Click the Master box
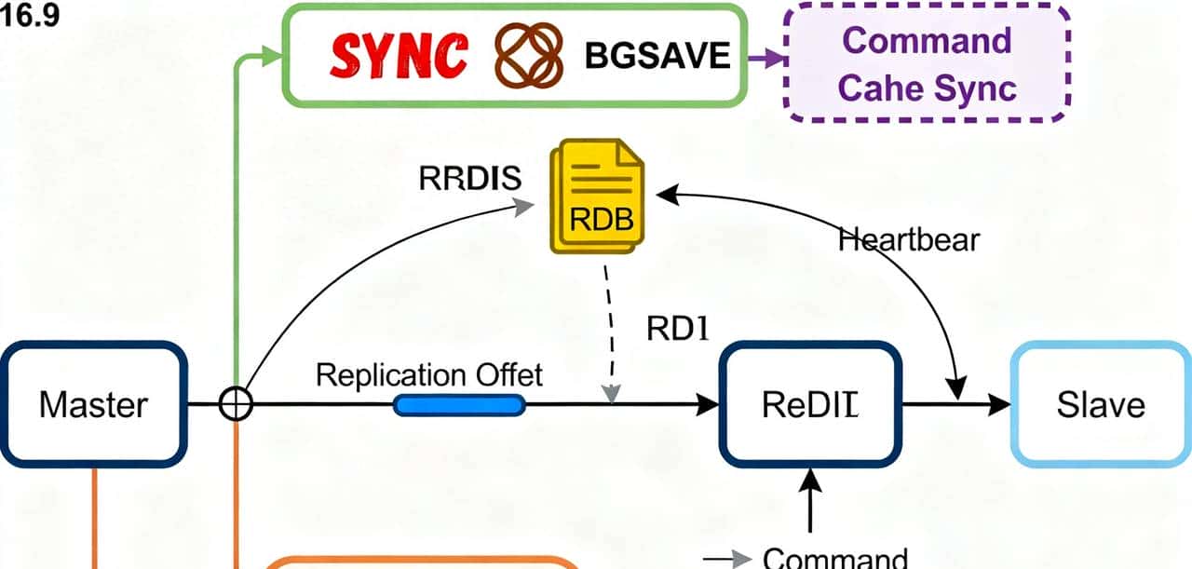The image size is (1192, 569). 93,405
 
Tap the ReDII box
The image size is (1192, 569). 809,405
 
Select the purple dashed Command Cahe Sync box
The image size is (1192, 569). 928,63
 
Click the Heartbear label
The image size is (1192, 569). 909,240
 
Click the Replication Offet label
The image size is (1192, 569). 429,375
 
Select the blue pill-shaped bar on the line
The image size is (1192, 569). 459,405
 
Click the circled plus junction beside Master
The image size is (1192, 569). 236,405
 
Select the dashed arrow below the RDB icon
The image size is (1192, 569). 609,335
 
